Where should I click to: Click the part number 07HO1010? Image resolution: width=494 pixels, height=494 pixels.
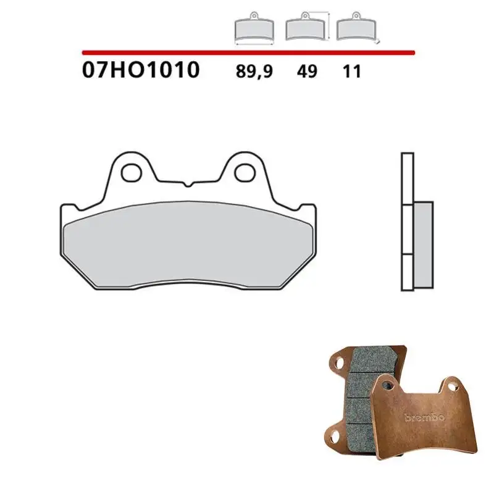[x=141, y=70]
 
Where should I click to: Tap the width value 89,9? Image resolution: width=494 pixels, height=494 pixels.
[x=254, y=71]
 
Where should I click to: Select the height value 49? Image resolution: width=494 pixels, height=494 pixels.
[x=307, y=71]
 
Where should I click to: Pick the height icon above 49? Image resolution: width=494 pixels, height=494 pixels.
[x=306, y=28]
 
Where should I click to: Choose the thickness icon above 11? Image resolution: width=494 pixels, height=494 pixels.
[x=356, y=28]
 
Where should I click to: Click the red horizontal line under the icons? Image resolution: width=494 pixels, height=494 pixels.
[x=247, y=53]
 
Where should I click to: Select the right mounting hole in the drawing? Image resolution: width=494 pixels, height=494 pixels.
[x=244, y=172]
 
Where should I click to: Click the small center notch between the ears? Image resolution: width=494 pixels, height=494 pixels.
[x=188, y=183]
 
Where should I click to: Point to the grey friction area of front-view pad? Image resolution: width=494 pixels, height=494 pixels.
[x=188, y=244]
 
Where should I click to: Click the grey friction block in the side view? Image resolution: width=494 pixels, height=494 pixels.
[x=423, y=228]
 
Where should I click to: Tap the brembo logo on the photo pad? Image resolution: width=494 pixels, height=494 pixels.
[x=424, y=417]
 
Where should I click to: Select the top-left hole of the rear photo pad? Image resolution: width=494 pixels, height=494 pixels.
[x=337, y=358]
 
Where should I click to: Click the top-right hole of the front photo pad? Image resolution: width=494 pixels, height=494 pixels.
[x=454, y=387]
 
